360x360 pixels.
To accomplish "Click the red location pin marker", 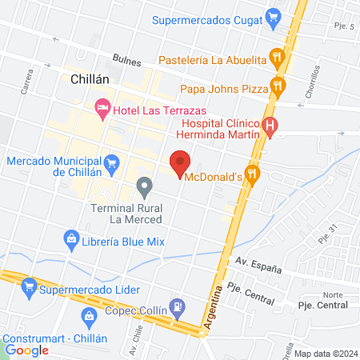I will [x=181, y=161].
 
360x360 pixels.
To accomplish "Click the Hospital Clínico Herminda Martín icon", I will [x=270, y=126].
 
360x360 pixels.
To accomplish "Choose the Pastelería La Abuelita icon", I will [x=277, y=57].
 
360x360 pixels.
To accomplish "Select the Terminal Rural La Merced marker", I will [x=144, y=188].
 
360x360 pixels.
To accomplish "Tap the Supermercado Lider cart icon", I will [x=30, y=286].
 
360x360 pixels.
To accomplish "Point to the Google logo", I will [x=27, y=350].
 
